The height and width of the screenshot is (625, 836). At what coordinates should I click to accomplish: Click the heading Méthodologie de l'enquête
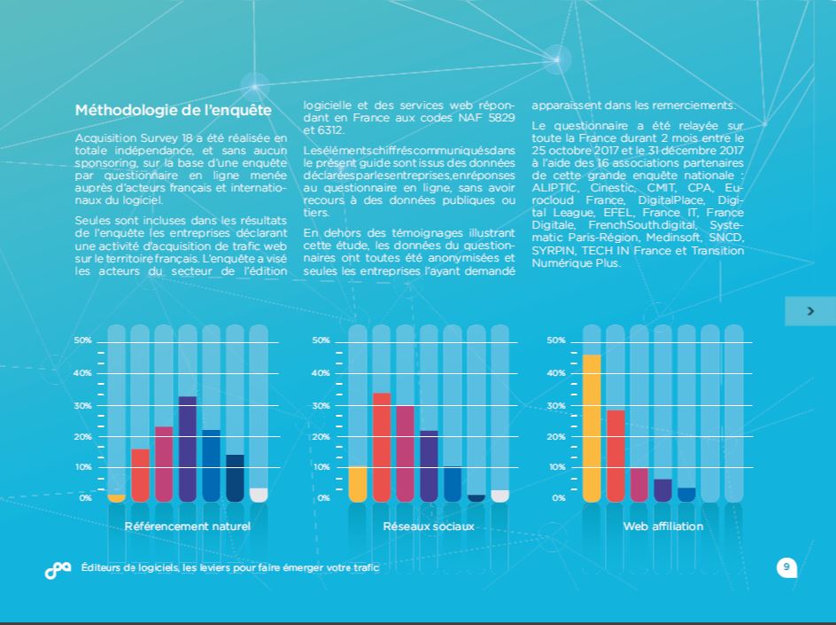[174, 111]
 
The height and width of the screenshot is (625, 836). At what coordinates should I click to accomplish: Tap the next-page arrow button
[809, 311]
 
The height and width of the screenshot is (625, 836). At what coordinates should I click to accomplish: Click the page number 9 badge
[786, 567]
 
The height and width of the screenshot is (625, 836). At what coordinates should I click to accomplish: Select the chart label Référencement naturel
[188, 527]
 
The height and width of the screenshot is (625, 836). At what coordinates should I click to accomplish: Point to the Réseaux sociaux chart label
[429, 527]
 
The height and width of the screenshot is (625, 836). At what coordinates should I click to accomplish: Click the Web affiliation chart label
[663, 527]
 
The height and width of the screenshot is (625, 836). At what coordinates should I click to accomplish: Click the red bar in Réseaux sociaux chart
[382, 447]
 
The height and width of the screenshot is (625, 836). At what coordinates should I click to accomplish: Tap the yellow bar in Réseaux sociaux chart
[358, 484]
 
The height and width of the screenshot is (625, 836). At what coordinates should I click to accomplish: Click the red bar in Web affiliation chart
[615, 456]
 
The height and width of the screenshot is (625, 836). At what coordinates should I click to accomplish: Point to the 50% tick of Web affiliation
[556, 340]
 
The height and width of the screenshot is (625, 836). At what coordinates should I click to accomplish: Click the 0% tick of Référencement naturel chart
[85, 498]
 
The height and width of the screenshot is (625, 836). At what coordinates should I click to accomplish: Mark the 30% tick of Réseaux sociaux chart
[321, 405]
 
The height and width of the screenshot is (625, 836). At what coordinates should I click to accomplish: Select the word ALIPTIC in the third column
[553, 188]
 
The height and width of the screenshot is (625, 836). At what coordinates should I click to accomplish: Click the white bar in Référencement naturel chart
[259, 495]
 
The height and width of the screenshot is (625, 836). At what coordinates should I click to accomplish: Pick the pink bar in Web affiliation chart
[639, 485]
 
